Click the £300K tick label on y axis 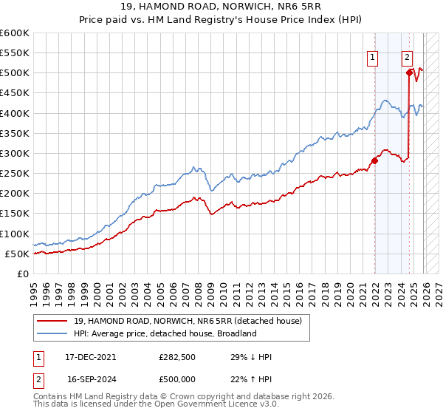coord(15,153)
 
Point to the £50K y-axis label coord(17,254)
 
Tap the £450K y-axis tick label coord(15,93)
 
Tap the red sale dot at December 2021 coord(375,160)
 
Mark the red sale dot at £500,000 coord(409,72)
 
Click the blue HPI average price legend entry coord(165,333)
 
